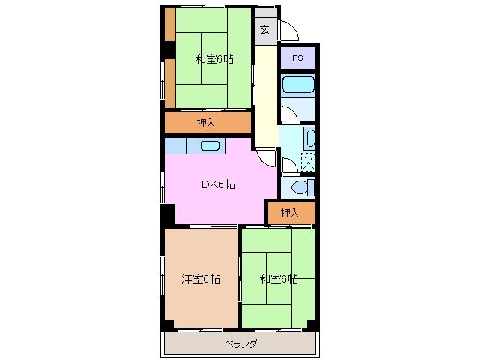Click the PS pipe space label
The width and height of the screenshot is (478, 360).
point(298,58)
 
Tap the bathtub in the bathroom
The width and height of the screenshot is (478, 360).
point(298,85)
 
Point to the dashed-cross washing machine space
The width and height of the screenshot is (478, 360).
point(307,162)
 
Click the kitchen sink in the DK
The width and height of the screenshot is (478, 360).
point(209,146)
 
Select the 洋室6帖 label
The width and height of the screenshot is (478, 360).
point(201,279)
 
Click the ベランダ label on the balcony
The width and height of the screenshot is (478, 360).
point(240,343)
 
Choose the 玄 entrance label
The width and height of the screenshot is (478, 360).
point(265,30)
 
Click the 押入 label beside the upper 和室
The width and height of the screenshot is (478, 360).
point(207,123)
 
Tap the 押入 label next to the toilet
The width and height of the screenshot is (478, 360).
point(290,213)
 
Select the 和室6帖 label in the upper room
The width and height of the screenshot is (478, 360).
point(214,59)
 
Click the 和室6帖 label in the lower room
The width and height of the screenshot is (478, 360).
point(279,279)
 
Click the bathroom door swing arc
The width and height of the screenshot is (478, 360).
point(288,112)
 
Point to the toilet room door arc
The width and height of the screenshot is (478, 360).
point(288,166)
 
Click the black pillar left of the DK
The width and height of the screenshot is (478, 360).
point(168,213)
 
